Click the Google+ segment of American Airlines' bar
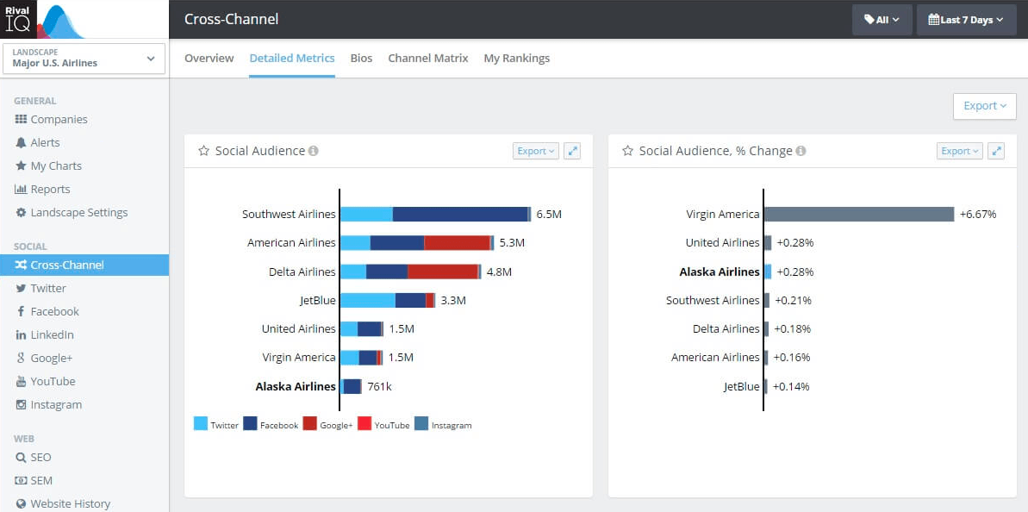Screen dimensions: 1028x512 (x=457, y=242)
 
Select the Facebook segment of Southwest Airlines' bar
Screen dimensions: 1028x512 (x=460, y=215)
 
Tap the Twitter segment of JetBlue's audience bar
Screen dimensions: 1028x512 (x=368, y=300)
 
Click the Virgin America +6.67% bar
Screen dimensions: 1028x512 (x=859, y=215)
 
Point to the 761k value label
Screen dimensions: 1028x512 (x=380, y=387)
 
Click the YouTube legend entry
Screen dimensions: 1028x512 (x=384, y=425)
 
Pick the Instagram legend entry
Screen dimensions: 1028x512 (x=443, y=425)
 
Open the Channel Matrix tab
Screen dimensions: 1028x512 (x=428, y=59)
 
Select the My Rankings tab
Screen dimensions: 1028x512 (x=517, y=59)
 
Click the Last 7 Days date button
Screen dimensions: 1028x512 (x=966, y=20)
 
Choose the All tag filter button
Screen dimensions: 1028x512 (x=882, y=20)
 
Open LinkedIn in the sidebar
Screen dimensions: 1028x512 (x=45, y=335)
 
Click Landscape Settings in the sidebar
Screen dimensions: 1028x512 (x=72, y=212)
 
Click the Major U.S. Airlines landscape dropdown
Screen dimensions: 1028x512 (x=84, y=59)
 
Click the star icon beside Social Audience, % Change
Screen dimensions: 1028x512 (x=627, y=151)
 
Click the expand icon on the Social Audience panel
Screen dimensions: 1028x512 (x=572, y=151)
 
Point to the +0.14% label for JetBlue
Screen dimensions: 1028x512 (x=791, y=387)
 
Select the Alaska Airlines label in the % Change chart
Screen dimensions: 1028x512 (x=720, y=272)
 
